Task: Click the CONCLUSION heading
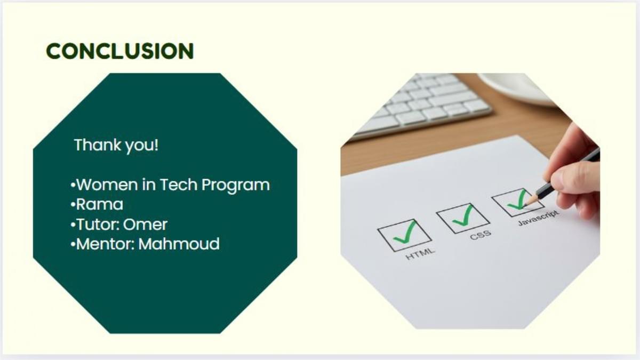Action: point(120,51)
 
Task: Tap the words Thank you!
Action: point(116,145)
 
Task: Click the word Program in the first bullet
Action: point(236,186)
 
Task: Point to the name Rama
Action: point(100,205)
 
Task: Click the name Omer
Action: point(145,225)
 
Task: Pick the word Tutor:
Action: point(98,225)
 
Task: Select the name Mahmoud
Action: point(179,244)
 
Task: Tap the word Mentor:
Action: point(106,244)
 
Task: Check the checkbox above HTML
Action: point(404,235)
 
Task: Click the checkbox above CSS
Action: point(463,218)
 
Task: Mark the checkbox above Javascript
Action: point(518,202)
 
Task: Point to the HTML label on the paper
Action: point(420,254)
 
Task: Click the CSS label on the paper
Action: point(481,235)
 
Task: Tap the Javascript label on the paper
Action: point(538,218)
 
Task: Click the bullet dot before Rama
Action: point(73,205)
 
